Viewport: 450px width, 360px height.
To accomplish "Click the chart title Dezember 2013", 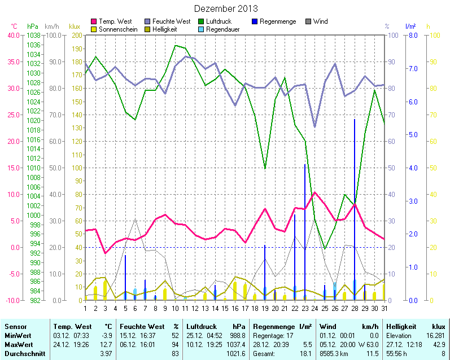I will (x=226, y=8).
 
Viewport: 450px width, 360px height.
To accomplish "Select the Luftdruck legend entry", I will (x=219, y=21).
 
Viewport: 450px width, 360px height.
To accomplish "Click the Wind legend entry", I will (x=320, y=21).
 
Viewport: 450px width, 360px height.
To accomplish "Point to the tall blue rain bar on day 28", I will (x=355, y=209).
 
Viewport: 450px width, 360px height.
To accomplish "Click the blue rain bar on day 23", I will (x=305, y=231).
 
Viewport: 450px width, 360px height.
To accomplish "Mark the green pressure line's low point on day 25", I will (x=325, y=248).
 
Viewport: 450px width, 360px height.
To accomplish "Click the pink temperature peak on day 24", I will (x=314, y=192).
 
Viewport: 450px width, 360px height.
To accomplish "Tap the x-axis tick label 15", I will (x=225, y=308).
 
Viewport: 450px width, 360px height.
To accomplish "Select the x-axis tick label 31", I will (x=385, y=308).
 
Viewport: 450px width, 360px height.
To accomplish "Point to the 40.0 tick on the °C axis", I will (x=12, y=35).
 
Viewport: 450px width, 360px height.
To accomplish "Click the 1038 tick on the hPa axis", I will (x=33, y=35).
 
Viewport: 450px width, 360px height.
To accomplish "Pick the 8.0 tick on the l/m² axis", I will (x=412, y=35).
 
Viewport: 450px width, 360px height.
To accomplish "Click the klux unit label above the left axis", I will (x=75, y=27).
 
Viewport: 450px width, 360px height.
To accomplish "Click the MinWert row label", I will (x=18, y=336).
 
